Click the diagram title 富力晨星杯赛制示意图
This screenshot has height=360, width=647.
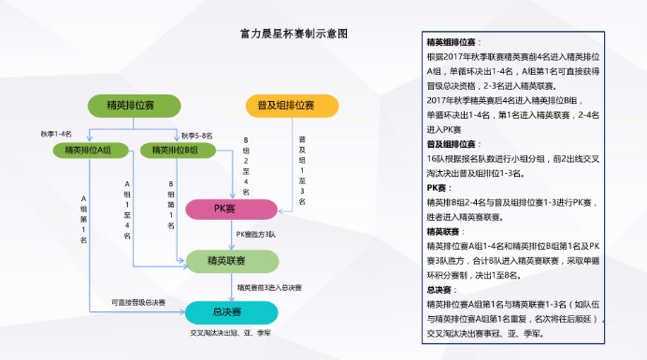pyautogui.click(x=294, y=34)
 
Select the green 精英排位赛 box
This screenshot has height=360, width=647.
pyautogui.click(x=133, y=106)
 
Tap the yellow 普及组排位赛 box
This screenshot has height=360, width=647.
pyautogui.click(x=291, y=106)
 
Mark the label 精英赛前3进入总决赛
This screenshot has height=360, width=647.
pyautogui.click(x=269, y=287)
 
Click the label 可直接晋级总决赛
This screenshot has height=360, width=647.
pyautogui.click(x=138, y=302)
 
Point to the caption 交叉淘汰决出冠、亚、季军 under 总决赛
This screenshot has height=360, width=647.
pyautogui.click(x=230, y=333)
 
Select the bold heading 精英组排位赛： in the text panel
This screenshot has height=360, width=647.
pyautogui.click(x=453, y=43)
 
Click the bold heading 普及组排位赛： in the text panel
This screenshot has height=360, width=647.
pyautogui.click(x=453, y=144)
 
